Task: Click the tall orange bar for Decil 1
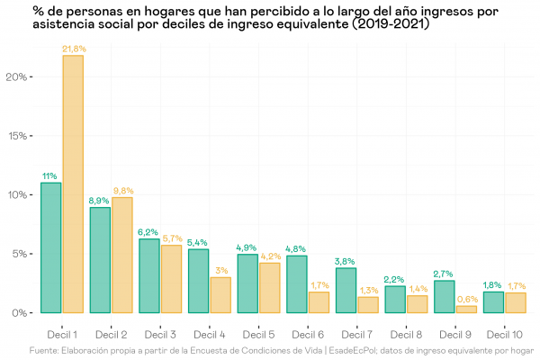pos(73,184)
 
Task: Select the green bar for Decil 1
pos(51,247)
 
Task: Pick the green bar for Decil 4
pos(197,281)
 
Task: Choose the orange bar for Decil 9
pos(466,310)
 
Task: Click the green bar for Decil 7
pos(346,291)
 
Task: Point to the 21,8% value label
pos(74,49)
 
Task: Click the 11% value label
pos(50,175)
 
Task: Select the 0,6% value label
pos(466,299)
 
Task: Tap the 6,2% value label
pos(148,232)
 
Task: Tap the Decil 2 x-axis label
pos(111,334)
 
